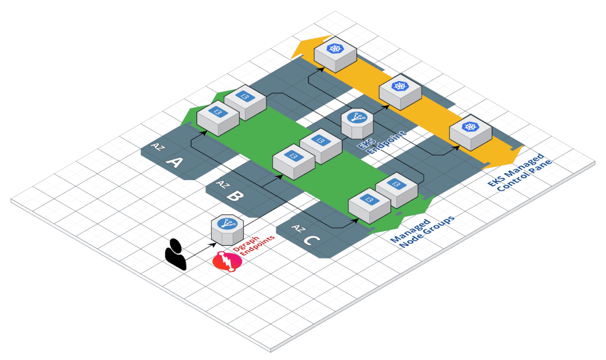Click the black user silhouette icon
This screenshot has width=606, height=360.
pyautogui.click(x=175, y=254)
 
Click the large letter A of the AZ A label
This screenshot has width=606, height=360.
pyautogui.click(x=174, y=163)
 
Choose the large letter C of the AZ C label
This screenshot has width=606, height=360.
pyautogui.click(x=311, y=240)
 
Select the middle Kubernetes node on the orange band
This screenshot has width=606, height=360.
pyautogui.click(x=401, y=92)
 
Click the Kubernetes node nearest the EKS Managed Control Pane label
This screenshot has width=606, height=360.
pyautogui.click(x=471, y=133)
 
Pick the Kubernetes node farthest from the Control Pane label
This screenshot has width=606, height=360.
pyautogui.click(x=335, y=54)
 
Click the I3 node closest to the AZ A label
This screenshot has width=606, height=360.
pyautogui.click(x=218, y=117)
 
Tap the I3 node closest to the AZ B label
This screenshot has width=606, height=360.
pyautogui.click(x=293, y=160)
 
